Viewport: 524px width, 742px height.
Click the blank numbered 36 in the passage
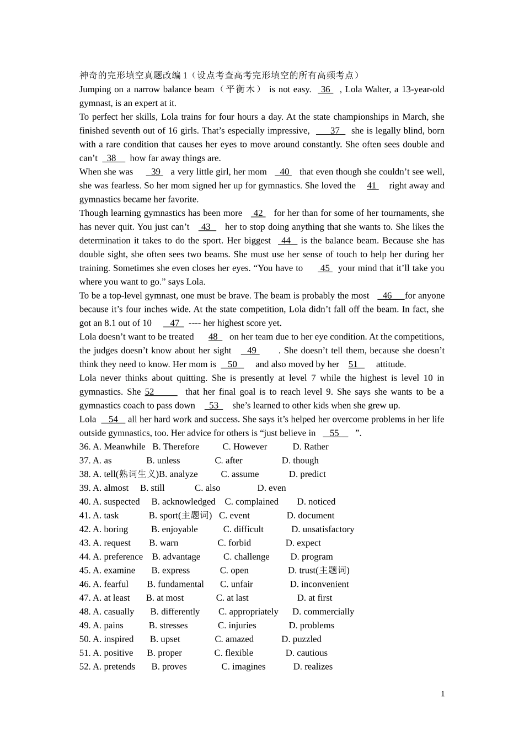(325, 89)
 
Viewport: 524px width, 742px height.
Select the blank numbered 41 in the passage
(372, 185)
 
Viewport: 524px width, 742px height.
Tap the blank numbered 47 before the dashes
(174, 323)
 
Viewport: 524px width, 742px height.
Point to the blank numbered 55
(335, 433)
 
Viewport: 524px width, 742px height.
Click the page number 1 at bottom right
(442, 694)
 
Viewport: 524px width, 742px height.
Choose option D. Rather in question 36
(310, 447)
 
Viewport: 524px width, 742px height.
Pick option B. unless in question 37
(163, 460)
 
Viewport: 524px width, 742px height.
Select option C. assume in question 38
(240, 474)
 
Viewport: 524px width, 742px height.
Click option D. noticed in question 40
(316, 502)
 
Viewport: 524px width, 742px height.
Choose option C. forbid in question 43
(234, 543)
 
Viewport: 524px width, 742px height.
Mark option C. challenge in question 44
(247, 556)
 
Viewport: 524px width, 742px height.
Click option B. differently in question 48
(175, 612)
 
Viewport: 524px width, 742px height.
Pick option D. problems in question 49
(311, 626)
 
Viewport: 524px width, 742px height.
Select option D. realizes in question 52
(313, 667)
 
